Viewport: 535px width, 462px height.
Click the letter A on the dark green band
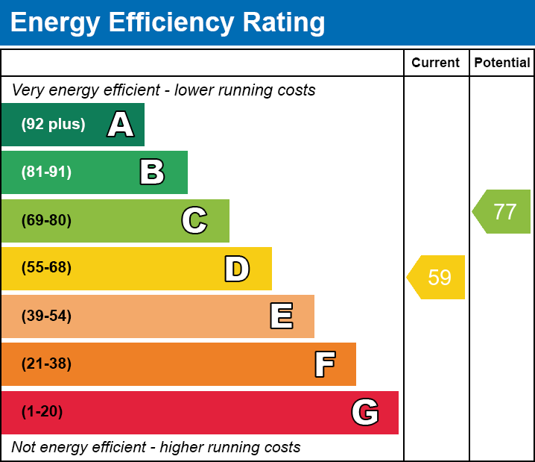tap(121, 125)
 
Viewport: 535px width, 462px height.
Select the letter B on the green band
tap(152, 172)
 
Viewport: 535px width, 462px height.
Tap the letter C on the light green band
tap(194, 220)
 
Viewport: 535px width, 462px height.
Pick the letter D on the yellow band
tap(237, 269)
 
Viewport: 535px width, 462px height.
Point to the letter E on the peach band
tap(281, 316)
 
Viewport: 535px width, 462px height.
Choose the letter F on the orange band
tap(324, 364)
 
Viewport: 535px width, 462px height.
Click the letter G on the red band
tap(365, 412)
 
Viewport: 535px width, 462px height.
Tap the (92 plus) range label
tap(53, 125)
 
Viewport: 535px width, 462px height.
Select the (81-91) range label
tap(46, 172)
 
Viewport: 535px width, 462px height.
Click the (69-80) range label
tap(46, 220)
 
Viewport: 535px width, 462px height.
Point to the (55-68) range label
tap(46, 268)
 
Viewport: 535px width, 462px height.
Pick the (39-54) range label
tap(46, 316)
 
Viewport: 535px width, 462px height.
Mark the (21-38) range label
tap(46, 364)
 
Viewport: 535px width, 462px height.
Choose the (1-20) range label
tap(42, 412)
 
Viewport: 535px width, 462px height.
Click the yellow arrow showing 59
tap(437, 278)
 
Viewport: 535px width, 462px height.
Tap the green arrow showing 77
tap(503, 212)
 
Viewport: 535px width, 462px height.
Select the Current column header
tap(436, 63)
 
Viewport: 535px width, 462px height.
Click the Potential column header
tap(502, 63)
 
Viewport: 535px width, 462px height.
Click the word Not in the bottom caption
tap(24, 448)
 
